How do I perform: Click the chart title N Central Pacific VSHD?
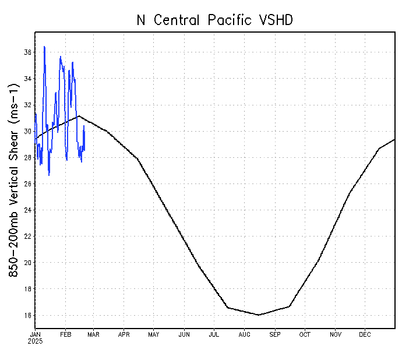click(x=214, y=20)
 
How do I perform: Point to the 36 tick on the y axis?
click(x=27, y=52)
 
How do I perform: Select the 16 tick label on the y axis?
click(x=27, y=315)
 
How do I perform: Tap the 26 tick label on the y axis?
click(x=27, y=184)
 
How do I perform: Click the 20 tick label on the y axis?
click(x=27, y=263)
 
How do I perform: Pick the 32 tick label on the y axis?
click(x=27, y=105)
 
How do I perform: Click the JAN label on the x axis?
click(x=35, y=334)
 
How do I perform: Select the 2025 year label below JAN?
click(x=35, y=341)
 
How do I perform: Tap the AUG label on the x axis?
click(x=245, y=334)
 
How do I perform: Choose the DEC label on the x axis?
click(x=365, y=334)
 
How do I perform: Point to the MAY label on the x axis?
click(x=154, y=334)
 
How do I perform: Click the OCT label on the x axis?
click(x=305, y=334)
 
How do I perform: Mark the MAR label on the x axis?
click(x=94, y=334)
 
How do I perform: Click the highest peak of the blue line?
click(x=44, y=47)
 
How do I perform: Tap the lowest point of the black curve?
click(x=259, y=315)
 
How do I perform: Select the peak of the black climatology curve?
click(x=79, y=115)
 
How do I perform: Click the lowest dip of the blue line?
click(x=49, y=175)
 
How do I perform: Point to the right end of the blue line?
click(x=84, y=149)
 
